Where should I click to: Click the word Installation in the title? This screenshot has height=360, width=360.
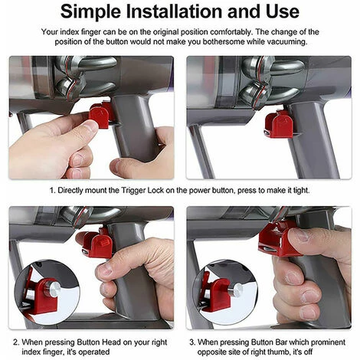(x=175, y=11)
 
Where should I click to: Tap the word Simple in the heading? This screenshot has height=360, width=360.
(x=91, y=12)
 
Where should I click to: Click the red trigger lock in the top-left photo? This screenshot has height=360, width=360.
(x=100, y=115)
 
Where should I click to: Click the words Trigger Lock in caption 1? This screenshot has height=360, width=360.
(x=142, y=191)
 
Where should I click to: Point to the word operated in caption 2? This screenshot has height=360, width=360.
(x=94, y=352)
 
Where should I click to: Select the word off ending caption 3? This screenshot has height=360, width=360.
(x=309, y=352)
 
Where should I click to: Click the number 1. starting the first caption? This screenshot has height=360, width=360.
(x=52, y=191)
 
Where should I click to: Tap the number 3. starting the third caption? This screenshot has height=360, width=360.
(x=192, y=342)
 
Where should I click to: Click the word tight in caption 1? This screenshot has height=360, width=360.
(x=301, y=191)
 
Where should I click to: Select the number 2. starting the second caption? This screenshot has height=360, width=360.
(x=16, y=342)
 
